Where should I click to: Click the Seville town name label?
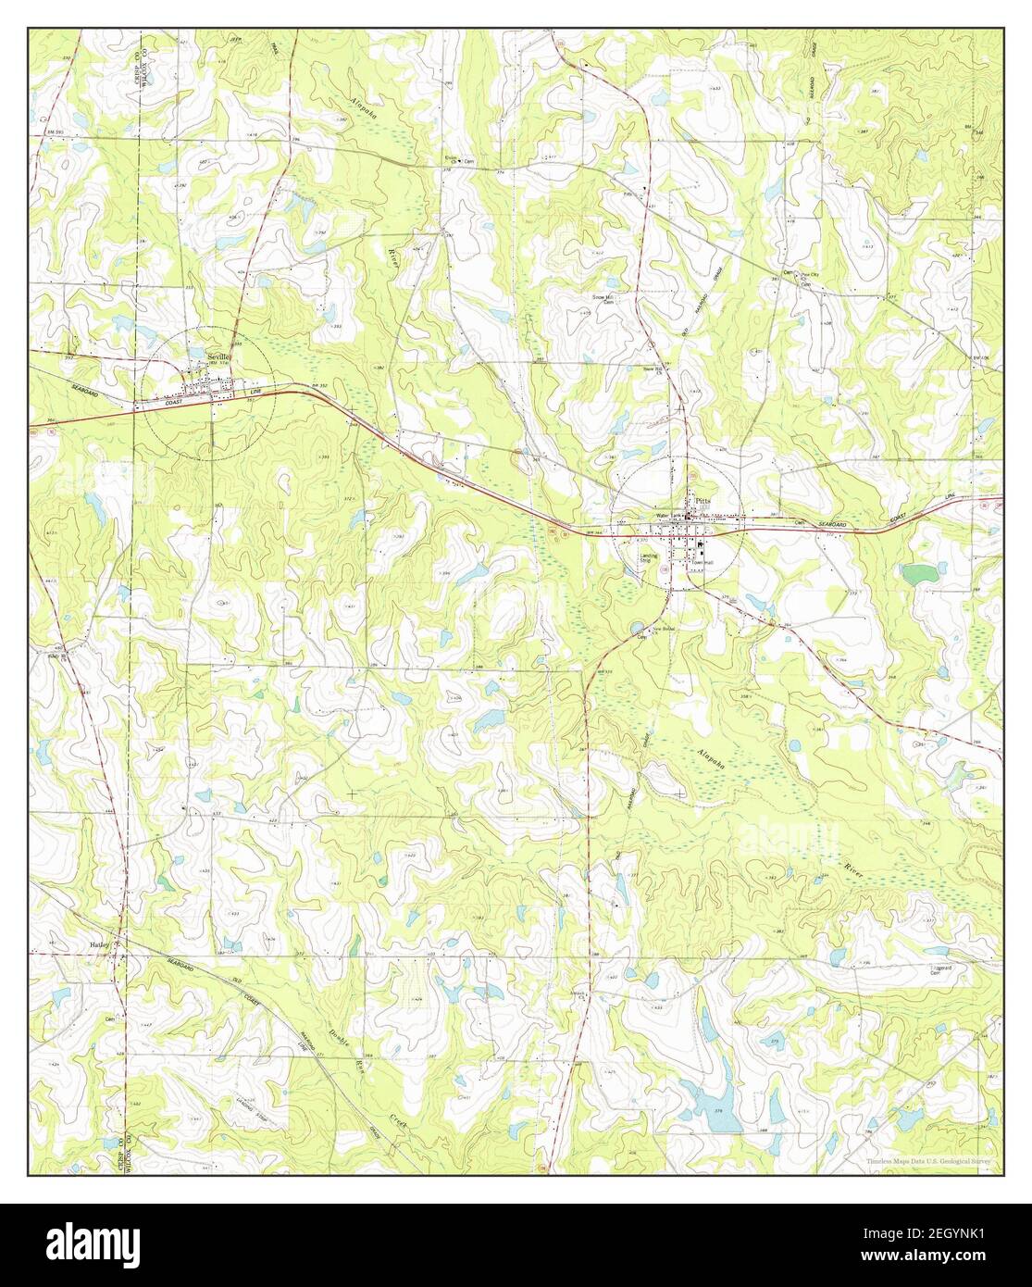point(218,356)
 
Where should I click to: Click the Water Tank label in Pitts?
point(669,515)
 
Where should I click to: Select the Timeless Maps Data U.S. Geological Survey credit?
point(932,1161)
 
